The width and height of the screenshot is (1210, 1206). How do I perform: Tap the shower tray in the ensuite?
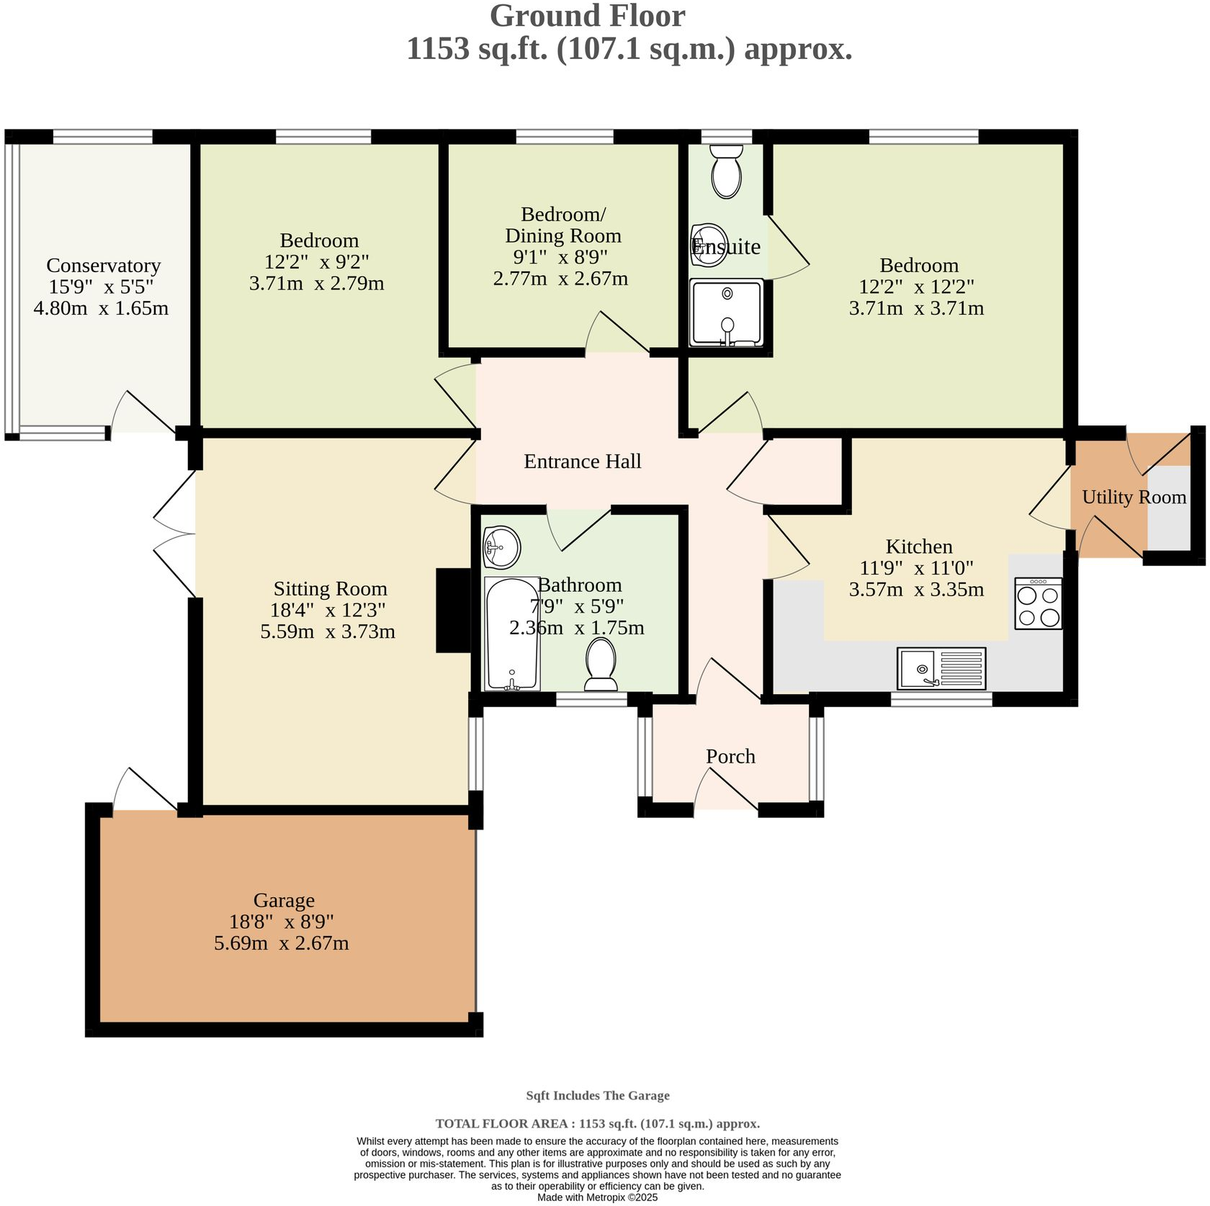pos(726,313)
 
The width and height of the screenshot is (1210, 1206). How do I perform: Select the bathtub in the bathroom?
pos(512,634)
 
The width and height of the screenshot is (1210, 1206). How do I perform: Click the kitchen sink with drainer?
pos(941,668)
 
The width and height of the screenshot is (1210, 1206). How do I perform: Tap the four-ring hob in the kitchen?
pos(1038,603)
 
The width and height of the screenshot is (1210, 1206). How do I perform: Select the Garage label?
pos(284,900)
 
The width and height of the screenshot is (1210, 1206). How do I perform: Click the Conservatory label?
pos(104,266)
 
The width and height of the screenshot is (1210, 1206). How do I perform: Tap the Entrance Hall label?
pos(583,461)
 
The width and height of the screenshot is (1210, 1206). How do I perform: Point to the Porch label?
pos(730,756)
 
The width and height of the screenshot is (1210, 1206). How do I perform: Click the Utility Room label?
pos(1134,497)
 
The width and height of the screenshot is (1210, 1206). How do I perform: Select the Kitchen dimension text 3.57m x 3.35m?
pos(916,589)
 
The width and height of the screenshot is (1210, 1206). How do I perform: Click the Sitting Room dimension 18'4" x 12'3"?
pos(328,610)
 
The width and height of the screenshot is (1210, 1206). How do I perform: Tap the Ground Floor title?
pos(588,16)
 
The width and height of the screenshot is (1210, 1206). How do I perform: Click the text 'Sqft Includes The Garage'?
pos(598,1095)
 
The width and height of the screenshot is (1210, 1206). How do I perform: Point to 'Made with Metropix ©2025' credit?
pos(598,1197)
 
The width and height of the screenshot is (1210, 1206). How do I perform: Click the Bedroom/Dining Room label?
pos(563,225)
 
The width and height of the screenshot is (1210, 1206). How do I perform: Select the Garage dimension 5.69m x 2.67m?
pos(282,942)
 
